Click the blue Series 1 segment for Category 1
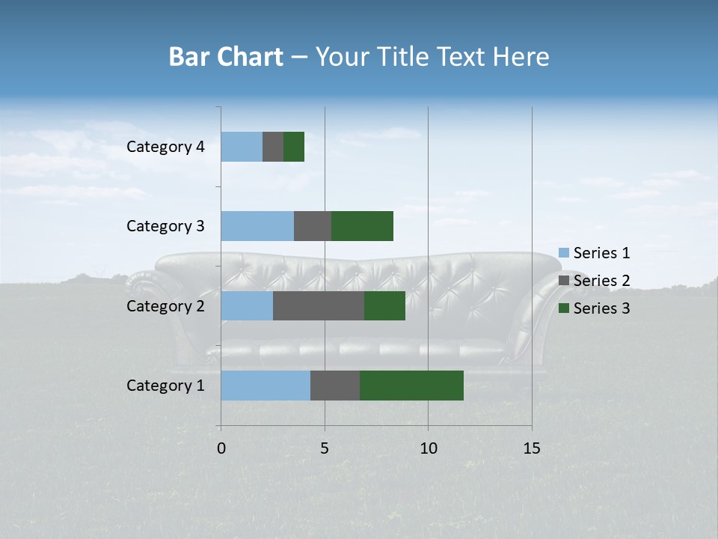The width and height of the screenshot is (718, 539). (266, 385)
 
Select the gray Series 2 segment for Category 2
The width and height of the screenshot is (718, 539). (319, 305)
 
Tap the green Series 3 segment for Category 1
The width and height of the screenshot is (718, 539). (411, 385)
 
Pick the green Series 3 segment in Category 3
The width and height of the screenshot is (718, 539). (362, 226)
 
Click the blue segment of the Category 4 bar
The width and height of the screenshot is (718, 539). (242, 147)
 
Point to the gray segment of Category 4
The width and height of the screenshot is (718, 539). (273, 147)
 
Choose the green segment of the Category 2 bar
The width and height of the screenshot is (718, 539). (384, 305)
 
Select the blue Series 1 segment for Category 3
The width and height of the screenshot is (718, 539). (257, 226)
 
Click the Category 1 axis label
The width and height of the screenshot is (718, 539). (165, 386)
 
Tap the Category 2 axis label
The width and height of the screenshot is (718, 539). (165, 306)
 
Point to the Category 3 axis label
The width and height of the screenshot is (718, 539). (165, 226)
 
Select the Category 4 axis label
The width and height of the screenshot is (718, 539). (165, 147)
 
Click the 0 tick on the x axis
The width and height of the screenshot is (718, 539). (221, 448)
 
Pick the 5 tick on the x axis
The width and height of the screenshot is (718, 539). (325, 448)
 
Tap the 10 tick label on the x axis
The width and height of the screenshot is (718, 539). (428, 448)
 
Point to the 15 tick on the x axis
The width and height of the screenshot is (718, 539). (531, 448)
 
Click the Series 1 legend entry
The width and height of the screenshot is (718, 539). (595, 253)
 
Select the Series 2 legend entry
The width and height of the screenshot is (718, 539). (595, 281)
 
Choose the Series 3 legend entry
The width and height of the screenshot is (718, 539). (595, 308)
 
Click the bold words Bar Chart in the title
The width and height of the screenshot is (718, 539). (226, 57)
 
